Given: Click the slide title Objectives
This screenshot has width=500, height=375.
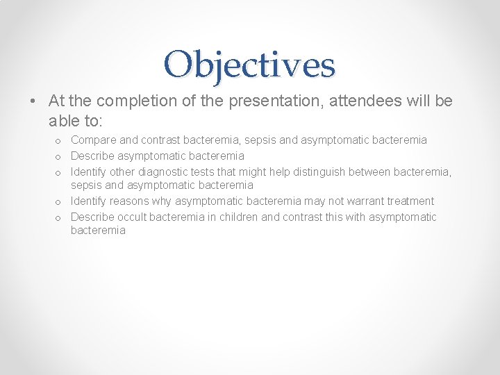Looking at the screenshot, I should [x=250, y=64].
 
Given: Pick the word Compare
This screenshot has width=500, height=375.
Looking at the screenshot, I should [x=92, y=140].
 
